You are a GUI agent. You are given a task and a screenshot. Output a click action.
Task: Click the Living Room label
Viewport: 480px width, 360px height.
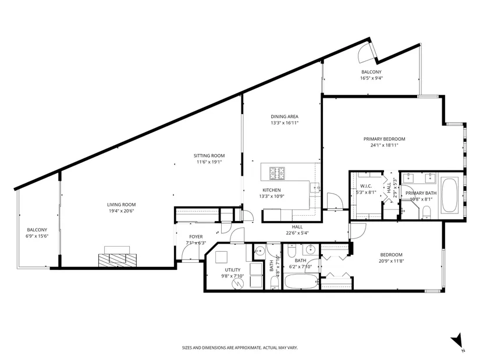(121, 205)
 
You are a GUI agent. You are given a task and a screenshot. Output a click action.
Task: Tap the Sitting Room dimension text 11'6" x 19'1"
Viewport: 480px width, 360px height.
(209, 162)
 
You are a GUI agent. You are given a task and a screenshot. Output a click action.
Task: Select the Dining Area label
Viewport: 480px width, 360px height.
(285, 117)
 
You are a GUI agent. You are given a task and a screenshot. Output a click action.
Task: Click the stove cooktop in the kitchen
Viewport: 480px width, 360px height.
(277, 173)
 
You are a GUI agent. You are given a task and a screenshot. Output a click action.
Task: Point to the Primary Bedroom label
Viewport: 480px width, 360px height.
(384, 139)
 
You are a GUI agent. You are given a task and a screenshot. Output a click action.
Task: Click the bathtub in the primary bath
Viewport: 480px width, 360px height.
(449, 195)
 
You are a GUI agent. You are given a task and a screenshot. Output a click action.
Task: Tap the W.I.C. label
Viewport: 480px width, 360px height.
(366, 186)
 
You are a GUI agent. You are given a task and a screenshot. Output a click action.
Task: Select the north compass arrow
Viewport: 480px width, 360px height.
(456, 340)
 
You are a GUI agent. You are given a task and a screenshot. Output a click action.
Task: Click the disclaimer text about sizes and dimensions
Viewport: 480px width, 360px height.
(240, 348)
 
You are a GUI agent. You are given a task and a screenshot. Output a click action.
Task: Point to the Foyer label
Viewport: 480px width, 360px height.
(196, 237)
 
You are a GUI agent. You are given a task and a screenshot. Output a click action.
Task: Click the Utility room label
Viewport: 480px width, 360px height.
(233, 270)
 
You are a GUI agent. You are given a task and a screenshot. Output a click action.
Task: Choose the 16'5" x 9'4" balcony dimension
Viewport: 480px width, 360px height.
(371, 78)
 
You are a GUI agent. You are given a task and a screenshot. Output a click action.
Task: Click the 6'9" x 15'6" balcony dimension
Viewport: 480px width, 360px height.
(37, 236)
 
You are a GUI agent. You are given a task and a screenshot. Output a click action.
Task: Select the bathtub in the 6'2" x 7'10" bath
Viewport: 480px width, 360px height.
(301, 281)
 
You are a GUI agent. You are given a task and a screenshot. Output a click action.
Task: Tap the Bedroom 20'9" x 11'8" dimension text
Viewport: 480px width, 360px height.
(391, 261)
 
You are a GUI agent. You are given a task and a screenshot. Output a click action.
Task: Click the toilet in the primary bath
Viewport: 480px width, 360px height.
(426, 212)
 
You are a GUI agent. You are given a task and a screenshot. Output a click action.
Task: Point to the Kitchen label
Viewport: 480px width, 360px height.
(272, 190)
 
